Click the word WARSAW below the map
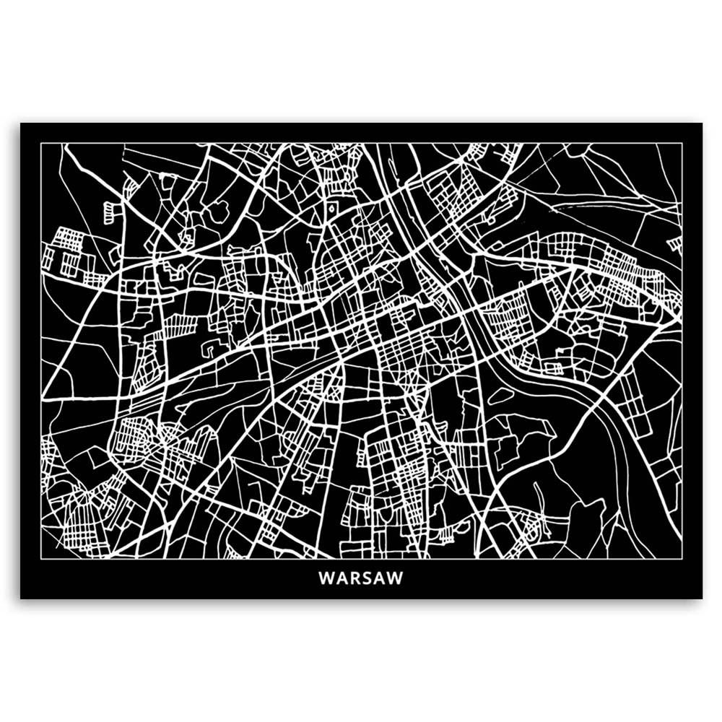(x=360, y=578)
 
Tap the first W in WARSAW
(x=325, y=578)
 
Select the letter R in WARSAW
(x=352, y=578)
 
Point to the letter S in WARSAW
(x=365, y=578)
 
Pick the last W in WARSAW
(x=396, y=578)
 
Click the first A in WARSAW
(x=339, y=578)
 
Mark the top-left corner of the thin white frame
(x=40, y=143)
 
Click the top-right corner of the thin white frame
(x=682, y=143)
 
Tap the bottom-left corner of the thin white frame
(x=40, y=558)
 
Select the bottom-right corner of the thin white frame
(x=682, y=558)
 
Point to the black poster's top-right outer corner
(x=702, y=123)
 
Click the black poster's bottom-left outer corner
(x=20, y=599)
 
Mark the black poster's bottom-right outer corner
(x=702, y=599)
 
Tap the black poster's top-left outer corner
(x=20, y=123)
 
